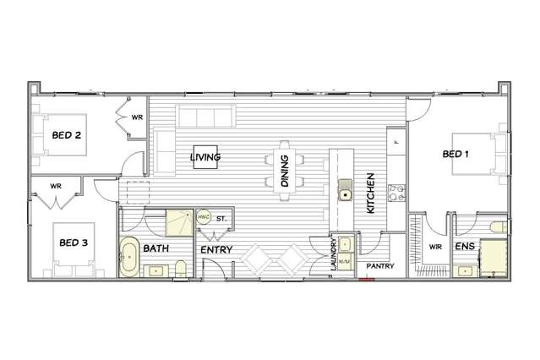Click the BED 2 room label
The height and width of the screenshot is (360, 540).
[x=66, y=134]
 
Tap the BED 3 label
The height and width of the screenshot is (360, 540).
[x=74, y=243]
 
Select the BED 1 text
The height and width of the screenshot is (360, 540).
[x=455, y=154]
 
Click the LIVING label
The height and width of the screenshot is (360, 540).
[x=205, y=157]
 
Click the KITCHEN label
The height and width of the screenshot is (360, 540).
[x=370, y=194]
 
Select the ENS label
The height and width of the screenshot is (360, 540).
[x=464, y=247]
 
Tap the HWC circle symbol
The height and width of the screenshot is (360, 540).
[x=204, y=216]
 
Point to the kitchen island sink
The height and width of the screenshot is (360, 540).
[x=345, y=196]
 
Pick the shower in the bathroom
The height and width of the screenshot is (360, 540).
[x=178, y=221]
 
